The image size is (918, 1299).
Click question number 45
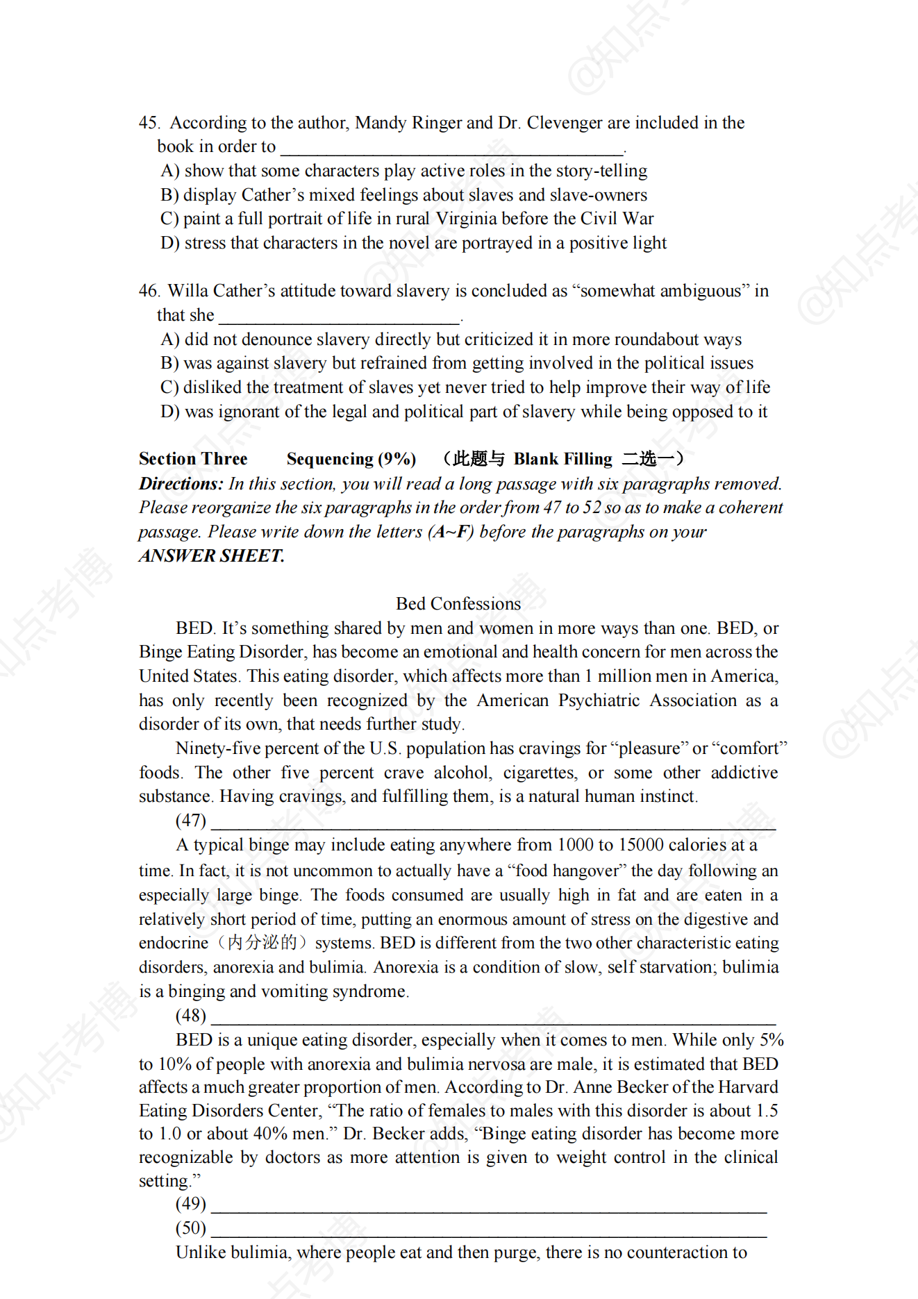[149, 123]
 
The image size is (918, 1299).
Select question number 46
[149, 291]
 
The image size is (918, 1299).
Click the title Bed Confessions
[458, 604]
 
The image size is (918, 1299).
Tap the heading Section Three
[193, 459]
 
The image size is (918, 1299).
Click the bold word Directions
[181, 484]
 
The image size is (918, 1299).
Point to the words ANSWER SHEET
[211, 556]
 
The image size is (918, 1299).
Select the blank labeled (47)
[493, 822]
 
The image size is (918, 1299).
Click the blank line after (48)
[493, 1017]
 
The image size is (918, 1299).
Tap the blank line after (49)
[489, 1205]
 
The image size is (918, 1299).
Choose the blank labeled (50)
[489, 1230]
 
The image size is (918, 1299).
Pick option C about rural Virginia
[407, 219]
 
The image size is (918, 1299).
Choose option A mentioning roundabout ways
[451, 340]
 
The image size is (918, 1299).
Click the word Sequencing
[330, 459]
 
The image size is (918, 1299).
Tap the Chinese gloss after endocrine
[262, 943]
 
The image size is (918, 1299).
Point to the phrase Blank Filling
[562, 459]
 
